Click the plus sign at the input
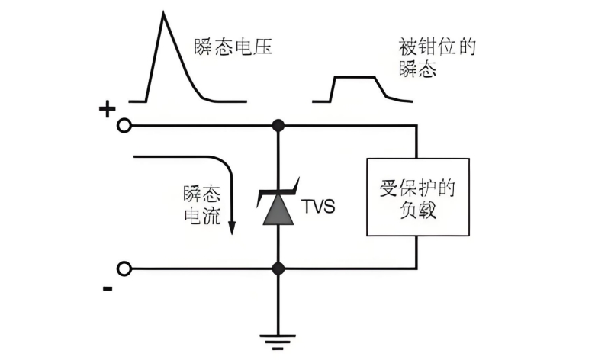pos(106,110)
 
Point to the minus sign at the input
pos(108,288)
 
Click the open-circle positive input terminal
pos(124,126)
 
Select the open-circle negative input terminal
pos(124,268)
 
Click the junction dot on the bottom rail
pos(278,268)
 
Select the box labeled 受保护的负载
pos(417,197)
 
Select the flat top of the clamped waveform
pos(355,77)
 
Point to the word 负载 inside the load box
pos(417,211)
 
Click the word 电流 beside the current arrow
pos(202,217)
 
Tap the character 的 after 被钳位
pos(466,47)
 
